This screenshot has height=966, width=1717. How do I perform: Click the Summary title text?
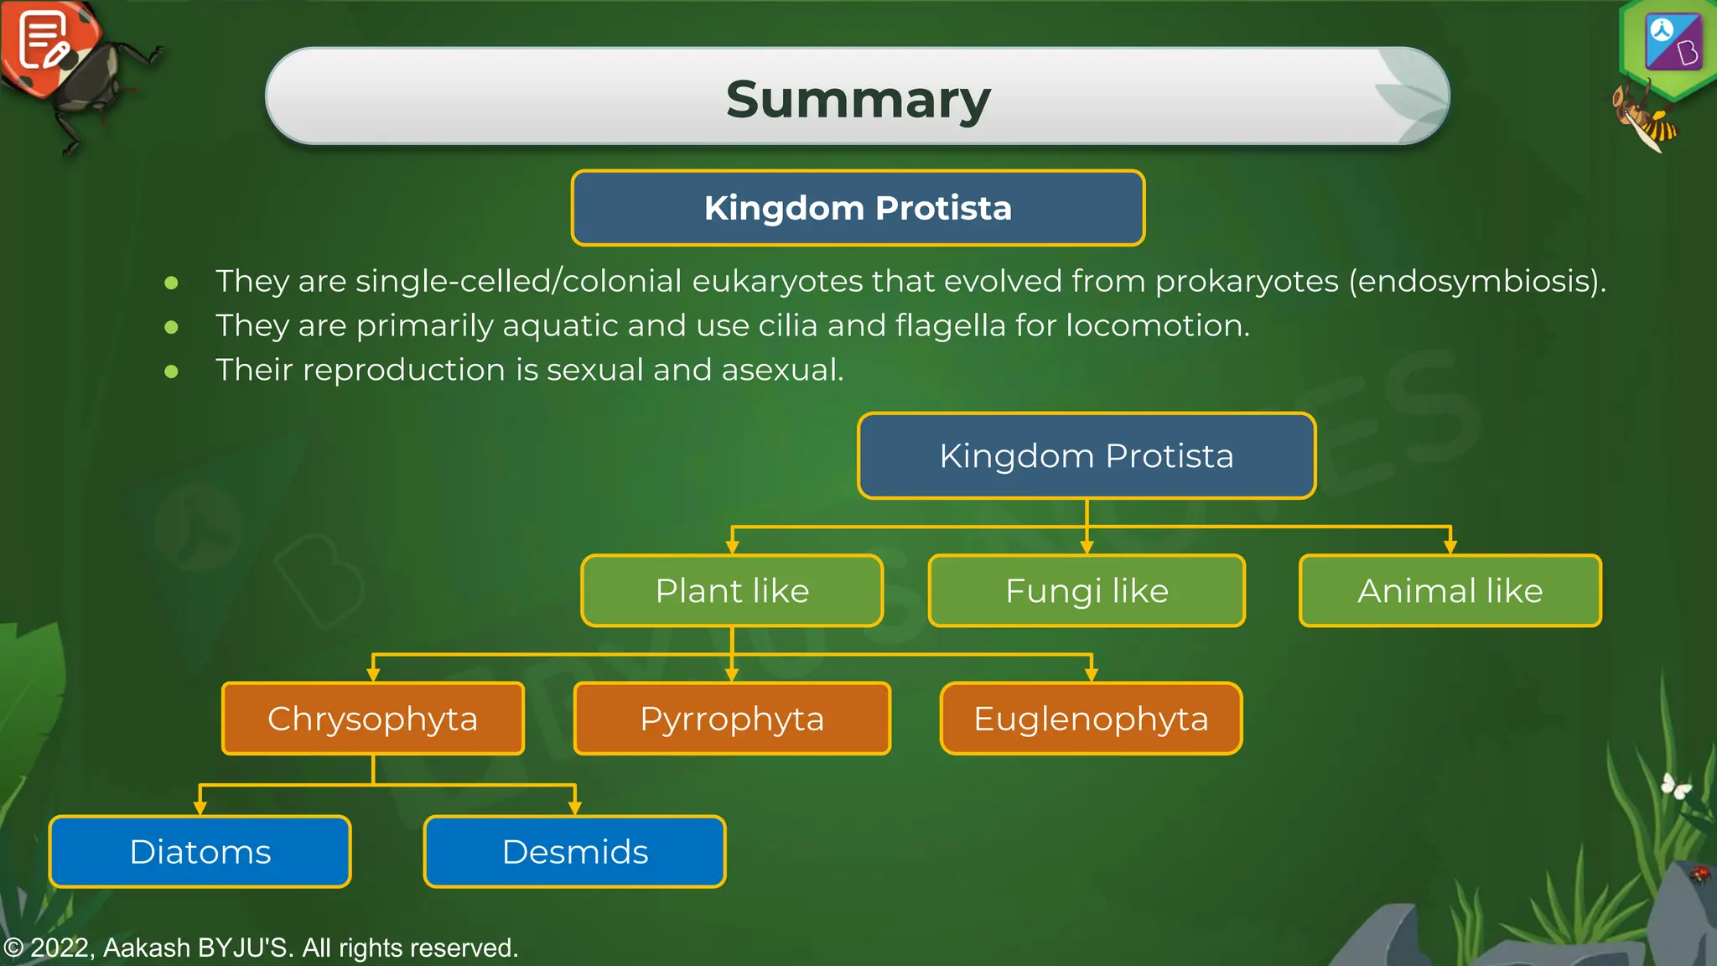pyautogui.click(x=858, y=99)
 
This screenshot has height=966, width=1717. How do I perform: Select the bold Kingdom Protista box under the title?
pyautogui.click(x=858, y=208)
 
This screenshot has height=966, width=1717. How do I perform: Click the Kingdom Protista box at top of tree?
pyautogui.click(x=1087, y=456)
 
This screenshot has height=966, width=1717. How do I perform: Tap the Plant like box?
pyautogui.click(x=732, y=591)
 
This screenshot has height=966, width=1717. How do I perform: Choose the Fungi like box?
pyautogui.click(x=1087, y=591)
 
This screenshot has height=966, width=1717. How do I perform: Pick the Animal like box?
pyautogui.click(x=1450, y=591)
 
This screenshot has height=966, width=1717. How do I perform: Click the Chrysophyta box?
pyautogui.click(x=373, y=719)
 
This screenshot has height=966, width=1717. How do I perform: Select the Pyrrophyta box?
pyautogui.click(x=732, y=719)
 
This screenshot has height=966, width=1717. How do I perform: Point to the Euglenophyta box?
pyautogui.click(x=1091, y=719)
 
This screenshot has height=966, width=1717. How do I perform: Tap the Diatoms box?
pyautogui.click(x=200, y=852)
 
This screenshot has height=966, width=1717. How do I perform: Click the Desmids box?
pyautogui.click(x=575, y=852)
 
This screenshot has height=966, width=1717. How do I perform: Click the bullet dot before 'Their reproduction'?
pyautogui.click(x=172, y=371)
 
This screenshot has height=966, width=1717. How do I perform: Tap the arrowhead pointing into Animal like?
pyautogui.click(x=1450, y=548)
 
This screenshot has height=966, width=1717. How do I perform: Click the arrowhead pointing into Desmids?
pyautogui.click(x=575, y=808)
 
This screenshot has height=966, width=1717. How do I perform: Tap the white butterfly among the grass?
pyautogui.click(x=1676, y=787)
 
